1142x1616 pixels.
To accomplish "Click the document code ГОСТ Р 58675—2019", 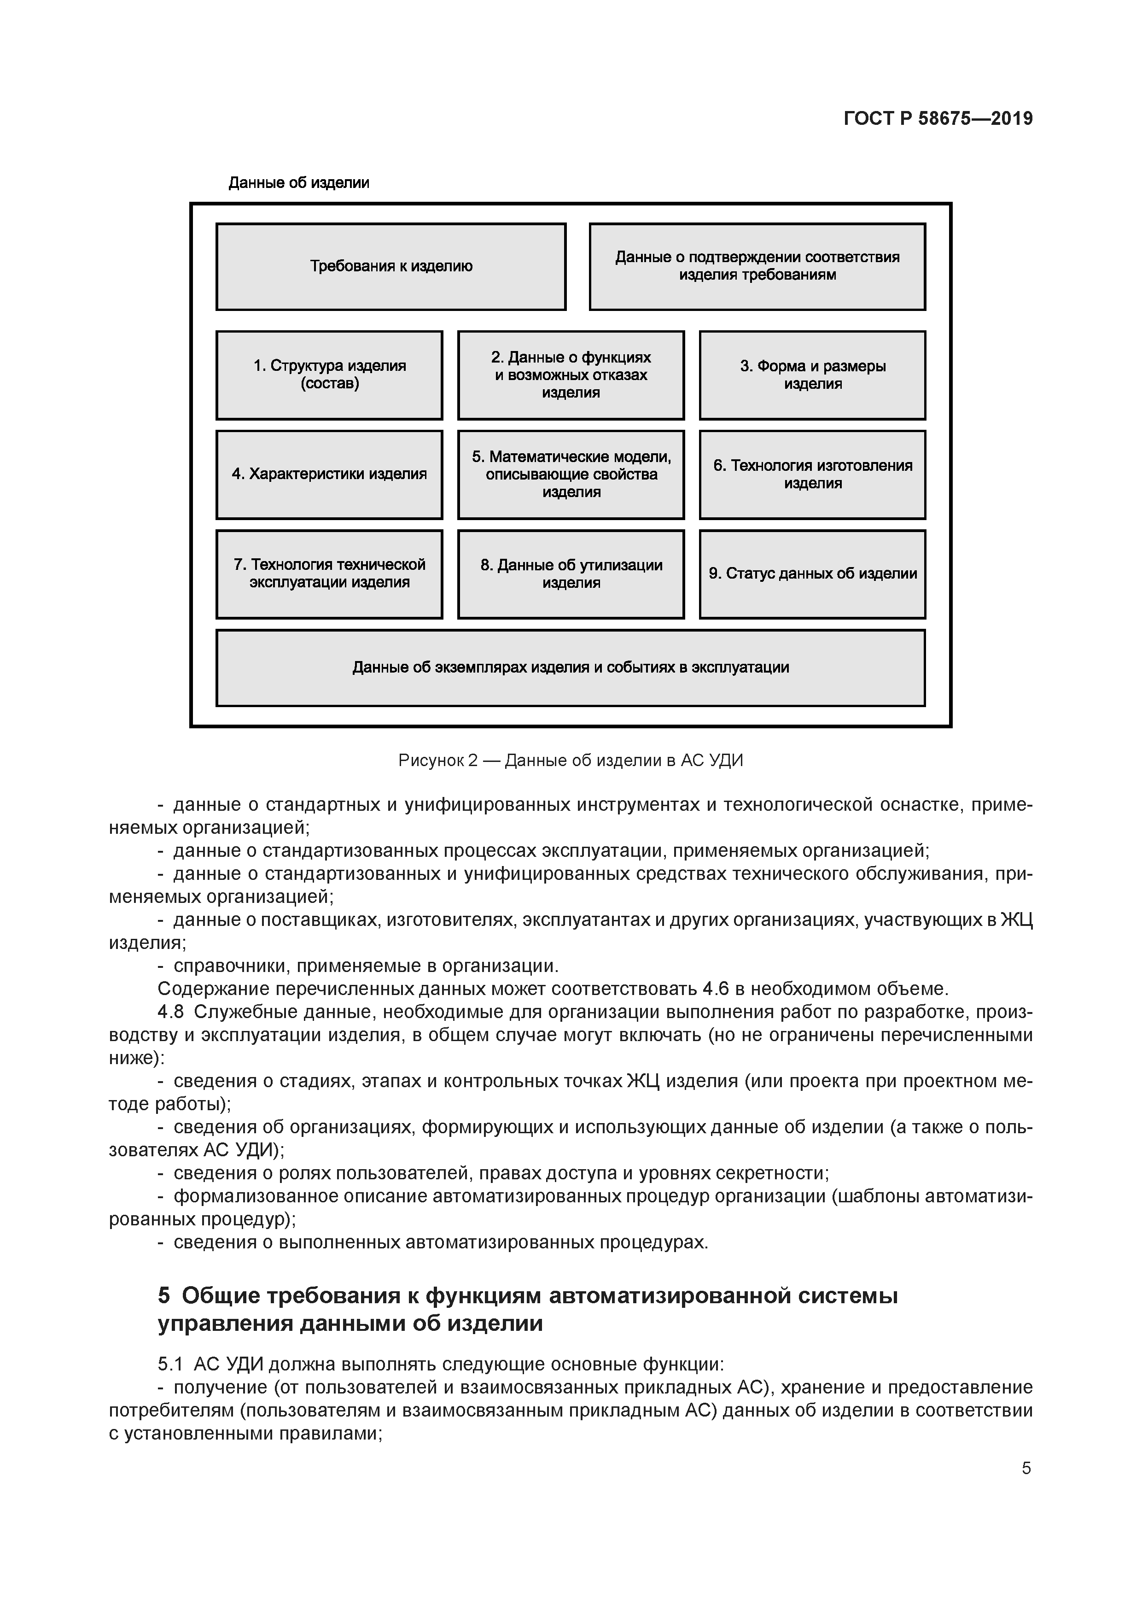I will [x=938, y=119].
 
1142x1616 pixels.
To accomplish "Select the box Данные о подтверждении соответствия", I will [x=757, y=267].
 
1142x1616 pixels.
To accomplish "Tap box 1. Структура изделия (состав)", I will [x=329, y=375].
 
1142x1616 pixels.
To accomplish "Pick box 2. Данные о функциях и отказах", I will [x=571, y=375].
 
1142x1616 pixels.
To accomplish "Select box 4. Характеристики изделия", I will [x=329, y=474].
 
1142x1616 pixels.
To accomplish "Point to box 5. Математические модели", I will [x=571, y=474].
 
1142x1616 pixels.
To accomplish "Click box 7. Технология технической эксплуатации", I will [x=329, y=574].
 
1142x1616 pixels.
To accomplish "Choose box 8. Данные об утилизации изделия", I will [x=571, y=574].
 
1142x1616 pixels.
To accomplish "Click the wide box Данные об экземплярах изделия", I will [x=570, y=667].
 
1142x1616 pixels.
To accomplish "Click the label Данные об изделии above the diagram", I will [x=299, y=183].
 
